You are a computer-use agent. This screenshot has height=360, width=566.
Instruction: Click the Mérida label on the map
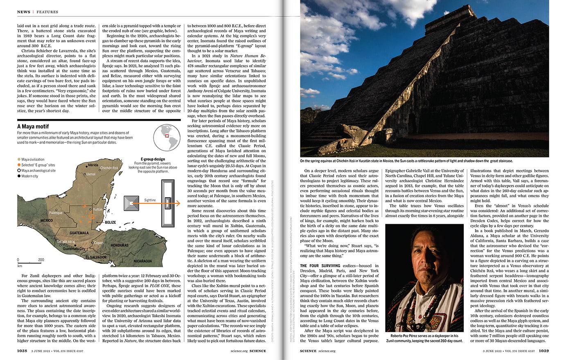pos(93,165)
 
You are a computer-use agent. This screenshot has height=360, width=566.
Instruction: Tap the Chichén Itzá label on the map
pos(109,168)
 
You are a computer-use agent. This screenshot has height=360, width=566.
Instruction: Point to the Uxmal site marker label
pos(90,174)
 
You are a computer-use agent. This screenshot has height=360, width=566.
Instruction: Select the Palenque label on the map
pos(56,213)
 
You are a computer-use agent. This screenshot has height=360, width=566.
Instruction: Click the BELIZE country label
pos(110,223)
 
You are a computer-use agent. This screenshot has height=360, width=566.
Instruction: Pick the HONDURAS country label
pos(120,245)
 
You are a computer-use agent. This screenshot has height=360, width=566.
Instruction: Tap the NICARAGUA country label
pos(142,261)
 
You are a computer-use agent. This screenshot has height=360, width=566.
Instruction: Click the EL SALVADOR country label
pos(96,257)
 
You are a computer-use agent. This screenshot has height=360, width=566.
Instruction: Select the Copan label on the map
pos(98,243)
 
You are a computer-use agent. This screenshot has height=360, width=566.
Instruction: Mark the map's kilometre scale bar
pos(29,262)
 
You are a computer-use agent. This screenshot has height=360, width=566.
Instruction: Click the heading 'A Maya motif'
pos(33,126)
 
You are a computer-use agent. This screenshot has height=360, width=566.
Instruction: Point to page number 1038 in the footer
pos(22,351)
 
